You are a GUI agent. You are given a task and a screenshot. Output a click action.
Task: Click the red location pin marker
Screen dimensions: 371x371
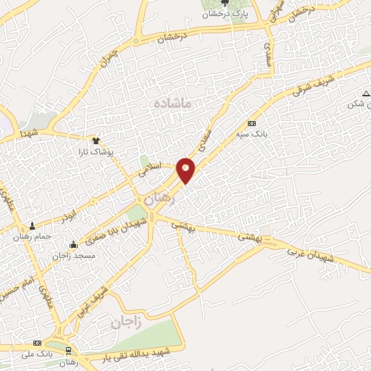(187, 170)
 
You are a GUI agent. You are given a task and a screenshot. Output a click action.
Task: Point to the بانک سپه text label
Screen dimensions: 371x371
(254, 134)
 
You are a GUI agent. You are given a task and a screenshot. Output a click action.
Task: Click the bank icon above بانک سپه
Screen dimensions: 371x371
(251, 123)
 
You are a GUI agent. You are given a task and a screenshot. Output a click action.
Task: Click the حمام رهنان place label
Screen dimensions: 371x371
(30, 236)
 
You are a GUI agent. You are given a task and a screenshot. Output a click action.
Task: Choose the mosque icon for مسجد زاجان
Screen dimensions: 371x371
(72, 244)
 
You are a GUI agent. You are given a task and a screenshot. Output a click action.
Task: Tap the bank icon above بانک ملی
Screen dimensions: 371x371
(36, 343)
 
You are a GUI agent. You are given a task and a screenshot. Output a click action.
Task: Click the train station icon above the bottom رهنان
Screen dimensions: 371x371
(68, 351)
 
